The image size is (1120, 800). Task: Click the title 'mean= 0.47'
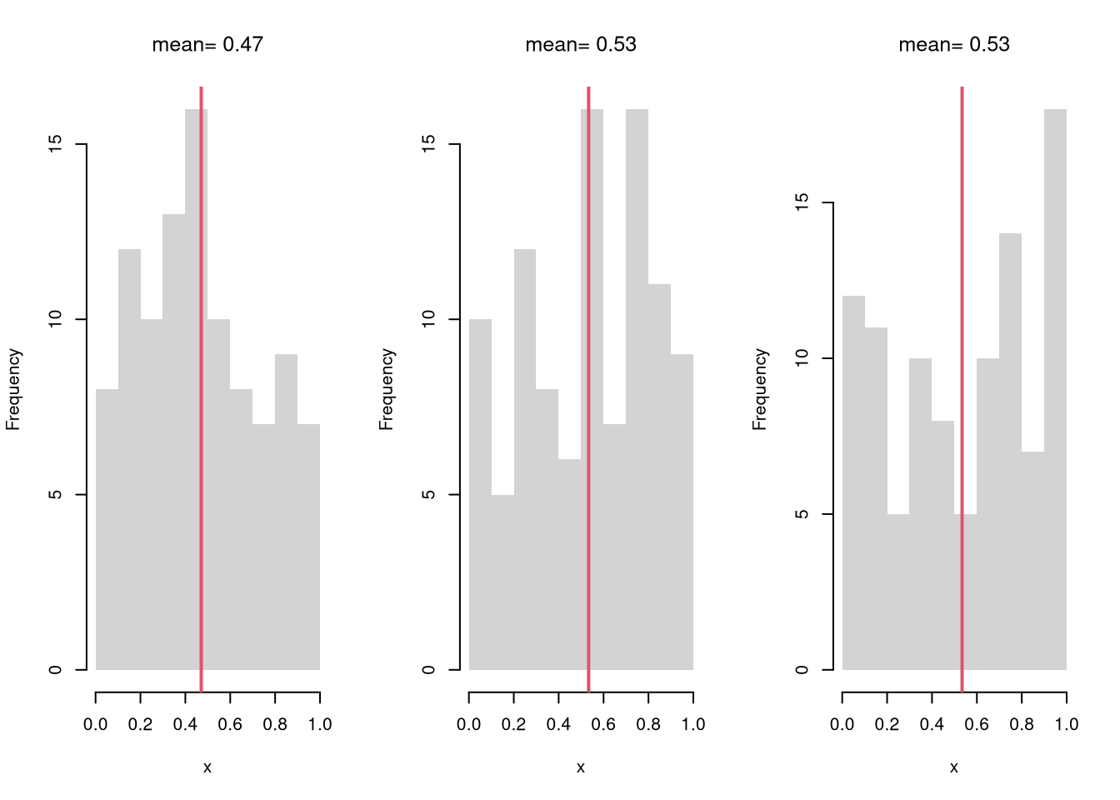[207, 44]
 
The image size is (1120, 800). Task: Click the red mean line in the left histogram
[201, 375]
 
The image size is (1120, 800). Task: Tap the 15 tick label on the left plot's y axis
[55, 144]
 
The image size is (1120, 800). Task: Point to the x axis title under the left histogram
[207, 767]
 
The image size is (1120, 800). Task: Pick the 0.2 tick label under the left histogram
[141, 724]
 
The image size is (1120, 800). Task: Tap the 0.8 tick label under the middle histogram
[648, 724]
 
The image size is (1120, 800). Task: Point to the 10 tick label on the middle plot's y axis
[428, 319]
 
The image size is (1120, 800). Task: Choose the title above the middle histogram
[581, 44]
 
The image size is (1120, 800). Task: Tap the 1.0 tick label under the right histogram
[1067, 724]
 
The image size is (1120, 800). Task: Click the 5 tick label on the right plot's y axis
[802, 514]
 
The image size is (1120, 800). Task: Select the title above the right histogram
[954, 44]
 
